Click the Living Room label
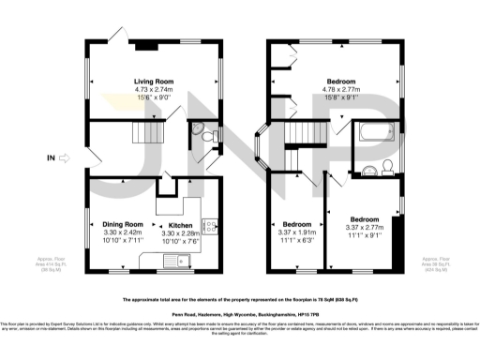[x=154, y=82]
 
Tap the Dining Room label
[x=123, y=225]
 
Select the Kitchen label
[x=181, y=226]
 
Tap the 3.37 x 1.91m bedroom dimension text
[x=298, y=233]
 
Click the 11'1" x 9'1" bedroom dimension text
[x=364, y=235]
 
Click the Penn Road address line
[x=239, y=313]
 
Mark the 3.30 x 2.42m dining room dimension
[x=123, y=233]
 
